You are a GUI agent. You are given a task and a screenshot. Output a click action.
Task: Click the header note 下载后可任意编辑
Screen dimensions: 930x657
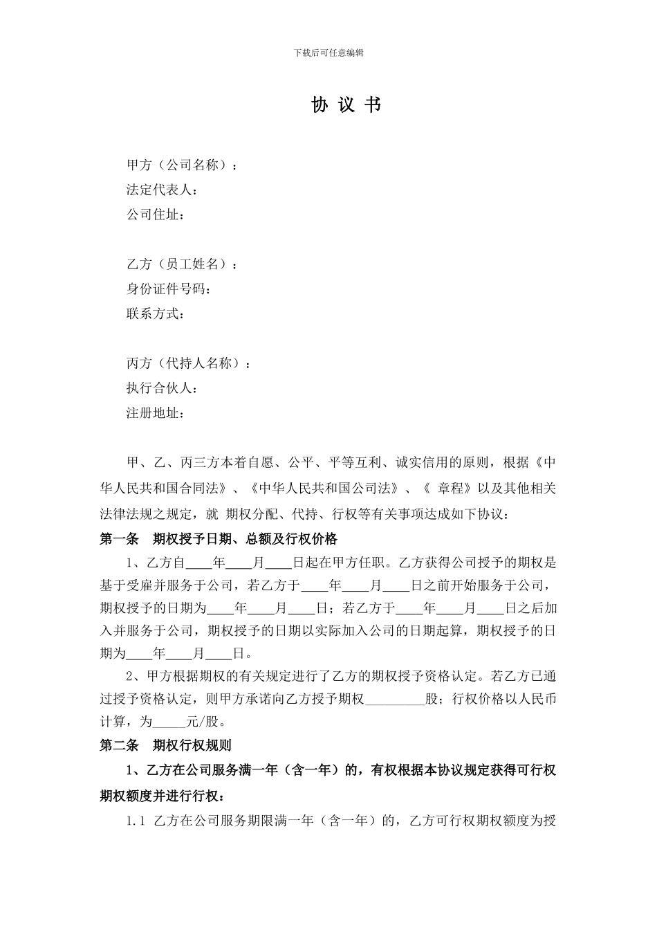click(x=328, y=53)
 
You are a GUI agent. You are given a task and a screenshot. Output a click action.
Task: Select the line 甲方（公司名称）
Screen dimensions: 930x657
click(x=182, y=165)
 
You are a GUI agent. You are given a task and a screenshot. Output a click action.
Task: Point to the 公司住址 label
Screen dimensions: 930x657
click(x=155, y=215)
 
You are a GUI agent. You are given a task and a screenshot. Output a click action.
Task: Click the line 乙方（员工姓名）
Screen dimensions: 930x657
click(x=182, y=264)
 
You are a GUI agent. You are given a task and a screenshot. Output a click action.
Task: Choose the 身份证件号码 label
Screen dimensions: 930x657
click(x=168, y=289)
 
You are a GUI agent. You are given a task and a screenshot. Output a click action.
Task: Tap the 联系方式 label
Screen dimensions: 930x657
click(x=155, y=314)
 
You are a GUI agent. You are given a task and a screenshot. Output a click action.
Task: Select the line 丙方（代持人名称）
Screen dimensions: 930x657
click(x=189, y=364)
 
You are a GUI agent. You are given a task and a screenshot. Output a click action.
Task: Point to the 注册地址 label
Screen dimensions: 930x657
click(x=155, y=414)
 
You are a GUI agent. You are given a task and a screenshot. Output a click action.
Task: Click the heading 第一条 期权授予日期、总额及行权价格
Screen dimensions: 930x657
click(x=219, y=538)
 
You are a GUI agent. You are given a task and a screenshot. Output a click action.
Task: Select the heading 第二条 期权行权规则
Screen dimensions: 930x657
click(x=166, y=745)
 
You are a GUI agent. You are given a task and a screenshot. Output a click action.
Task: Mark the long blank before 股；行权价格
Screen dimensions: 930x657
click(x=395, y=700)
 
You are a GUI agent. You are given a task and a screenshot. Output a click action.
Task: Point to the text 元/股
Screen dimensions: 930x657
click(x=205, y=722)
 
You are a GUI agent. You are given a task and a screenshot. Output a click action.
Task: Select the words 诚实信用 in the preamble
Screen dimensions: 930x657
click(x=422, y=463)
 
